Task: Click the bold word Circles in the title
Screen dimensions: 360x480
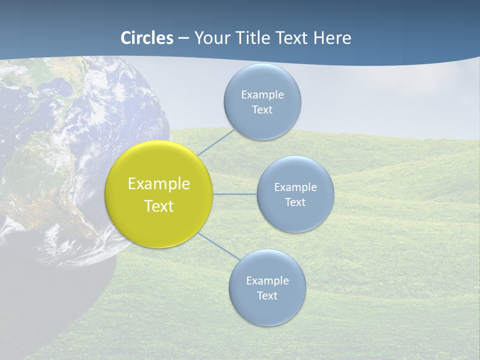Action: [x=147, y=38]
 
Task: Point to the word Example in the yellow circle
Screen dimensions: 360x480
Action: [x=159, y=184]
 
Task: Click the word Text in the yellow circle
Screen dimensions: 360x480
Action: [x=159, y=206]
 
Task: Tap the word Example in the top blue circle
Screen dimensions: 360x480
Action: [x=262, y=95]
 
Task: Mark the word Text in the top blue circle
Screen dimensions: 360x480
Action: [x=262, y=110]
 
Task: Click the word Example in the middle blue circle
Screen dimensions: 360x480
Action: [x=295, y=187]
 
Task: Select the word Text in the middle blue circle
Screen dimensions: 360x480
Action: [x=295, y=202]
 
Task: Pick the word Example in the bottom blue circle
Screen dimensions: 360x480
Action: [x=267, y=281]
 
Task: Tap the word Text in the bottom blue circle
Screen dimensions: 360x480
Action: [x=267, y=296]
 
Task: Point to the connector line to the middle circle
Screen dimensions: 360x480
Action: [x=235, y=194]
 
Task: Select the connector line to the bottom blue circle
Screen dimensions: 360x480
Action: [x=219, y=246]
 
